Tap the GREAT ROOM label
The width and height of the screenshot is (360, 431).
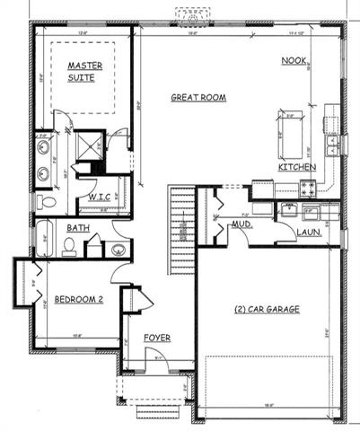pos(198,97)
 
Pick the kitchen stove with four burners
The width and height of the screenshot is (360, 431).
pos(308,189)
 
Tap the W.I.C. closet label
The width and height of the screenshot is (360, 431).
pos(99,197)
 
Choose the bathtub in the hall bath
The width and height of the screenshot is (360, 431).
pos(48,242)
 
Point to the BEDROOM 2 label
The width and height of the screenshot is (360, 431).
pos(78,299)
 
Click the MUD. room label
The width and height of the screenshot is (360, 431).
pos(241,225)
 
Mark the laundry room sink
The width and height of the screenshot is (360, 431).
pos(289,211)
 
